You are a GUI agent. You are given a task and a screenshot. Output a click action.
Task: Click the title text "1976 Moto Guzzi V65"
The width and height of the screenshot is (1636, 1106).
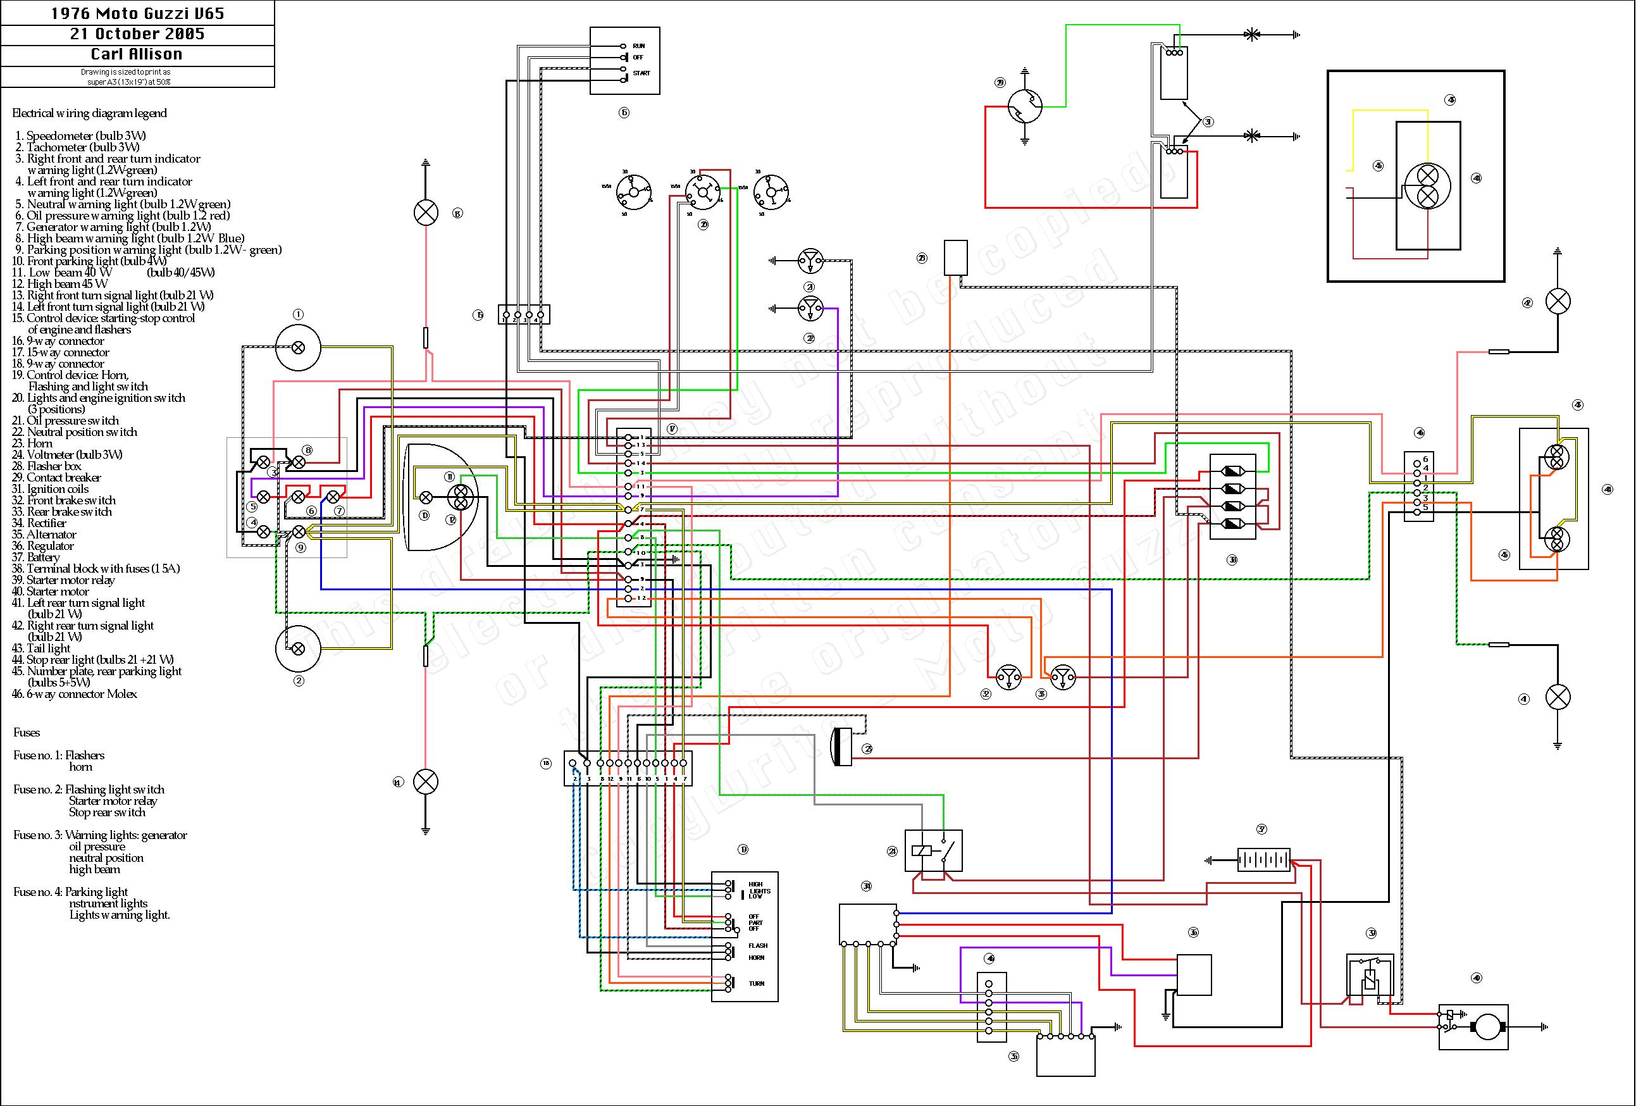pos(137,13)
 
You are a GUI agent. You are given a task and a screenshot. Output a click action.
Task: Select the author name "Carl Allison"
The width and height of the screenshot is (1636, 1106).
pos(137,55)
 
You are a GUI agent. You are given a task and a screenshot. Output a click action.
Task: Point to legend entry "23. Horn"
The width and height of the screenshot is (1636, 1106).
pos(32,444)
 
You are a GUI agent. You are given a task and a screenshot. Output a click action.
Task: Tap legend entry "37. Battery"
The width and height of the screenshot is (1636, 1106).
pos(36,557)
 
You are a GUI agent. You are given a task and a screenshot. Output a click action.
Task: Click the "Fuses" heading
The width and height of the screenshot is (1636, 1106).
pos(27,733)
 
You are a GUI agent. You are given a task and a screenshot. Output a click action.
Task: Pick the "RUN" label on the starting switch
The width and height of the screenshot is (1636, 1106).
pos(638,46)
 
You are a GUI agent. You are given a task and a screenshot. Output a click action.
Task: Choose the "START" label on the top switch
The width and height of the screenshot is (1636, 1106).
pos(641,73)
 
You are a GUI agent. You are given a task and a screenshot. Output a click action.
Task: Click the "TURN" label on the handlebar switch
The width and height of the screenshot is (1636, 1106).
pos(757,983)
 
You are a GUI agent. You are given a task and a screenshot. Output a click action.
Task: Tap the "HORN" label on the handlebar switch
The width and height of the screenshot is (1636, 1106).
pos(757,957)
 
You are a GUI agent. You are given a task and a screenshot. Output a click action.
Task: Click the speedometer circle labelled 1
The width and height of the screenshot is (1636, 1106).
pos(298,347)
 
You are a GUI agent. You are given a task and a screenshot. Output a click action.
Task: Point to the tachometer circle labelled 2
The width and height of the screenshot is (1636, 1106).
pos(298,648)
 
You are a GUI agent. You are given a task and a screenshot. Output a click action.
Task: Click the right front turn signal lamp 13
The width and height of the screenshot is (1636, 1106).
pos(425,213)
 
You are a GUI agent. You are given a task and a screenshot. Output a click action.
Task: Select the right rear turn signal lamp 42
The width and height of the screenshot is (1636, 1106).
pos(1557,302)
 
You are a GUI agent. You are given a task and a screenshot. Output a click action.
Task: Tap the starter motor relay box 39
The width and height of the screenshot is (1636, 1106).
pos(1369,975)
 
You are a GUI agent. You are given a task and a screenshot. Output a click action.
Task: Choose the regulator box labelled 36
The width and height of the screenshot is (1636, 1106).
pos(1194,975)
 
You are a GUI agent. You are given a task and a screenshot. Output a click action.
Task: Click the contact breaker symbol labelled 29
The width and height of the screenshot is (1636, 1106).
pos(1024,108)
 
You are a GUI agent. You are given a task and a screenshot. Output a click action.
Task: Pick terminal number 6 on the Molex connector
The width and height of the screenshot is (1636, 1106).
pos(1425,459)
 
